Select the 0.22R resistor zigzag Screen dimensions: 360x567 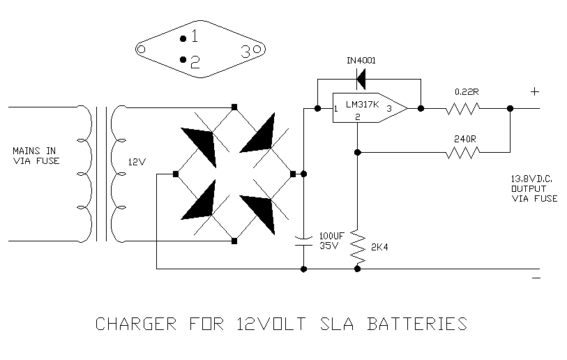coord(464,108)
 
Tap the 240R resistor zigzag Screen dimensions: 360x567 coord(464,151)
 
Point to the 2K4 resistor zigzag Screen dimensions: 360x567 coord(357,245)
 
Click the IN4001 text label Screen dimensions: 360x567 coord(361,60)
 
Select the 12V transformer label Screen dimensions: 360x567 coord(137,162)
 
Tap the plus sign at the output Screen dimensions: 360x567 coord(535,91)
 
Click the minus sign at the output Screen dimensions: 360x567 coord(536,278)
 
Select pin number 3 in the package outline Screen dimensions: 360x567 coord(246,51)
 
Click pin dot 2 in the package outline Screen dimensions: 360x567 coord(183,60)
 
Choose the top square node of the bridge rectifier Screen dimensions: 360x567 coord(234,107)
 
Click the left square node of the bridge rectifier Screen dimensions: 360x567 coord(176,174)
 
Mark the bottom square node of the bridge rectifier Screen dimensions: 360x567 coord(234,241)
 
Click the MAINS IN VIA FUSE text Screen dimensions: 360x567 coord(36,156)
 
